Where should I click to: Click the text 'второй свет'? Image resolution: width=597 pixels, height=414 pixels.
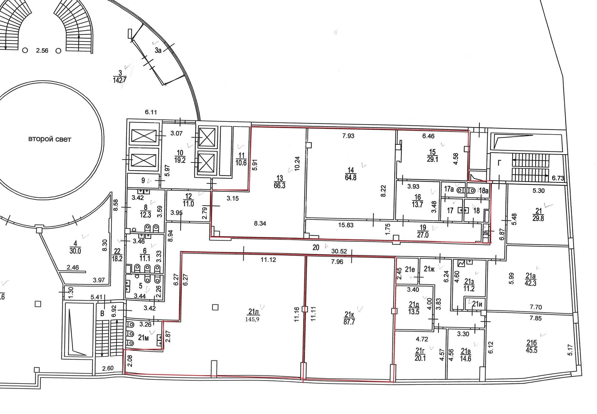click(50, 139)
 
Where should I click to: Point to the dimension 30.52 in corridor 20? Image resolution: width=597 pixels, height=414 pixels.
click(339, 251)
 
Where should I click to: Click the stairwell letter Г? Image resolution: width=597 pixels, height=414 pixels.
click(500, 163)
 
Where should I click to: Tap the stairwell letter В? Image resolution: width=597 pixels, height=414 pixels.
click(102, 314)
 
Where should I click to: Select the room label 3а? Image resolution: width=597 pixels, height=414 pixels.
click(158, 51)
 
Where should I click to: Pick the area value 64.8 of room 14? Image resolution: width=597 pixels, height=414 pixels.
click(350, 177)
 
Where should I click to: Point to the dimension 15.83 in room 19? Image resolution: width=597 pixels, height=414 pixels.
click(346, 225)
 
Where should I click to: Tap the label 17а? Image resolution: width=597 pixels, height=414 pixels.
click(449, 189)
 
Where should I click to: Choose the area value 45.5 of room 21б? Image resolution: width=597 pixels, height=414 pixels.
click(531, 350)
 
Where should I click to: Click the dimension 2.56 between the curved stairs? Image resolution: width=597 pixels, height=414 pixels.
click(42, 51)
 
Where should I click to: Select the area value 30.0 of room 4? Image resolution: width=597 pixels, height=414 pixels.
click(75, 251)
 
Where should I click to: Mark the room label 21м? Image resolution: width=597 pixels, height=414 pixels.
click(143, 338)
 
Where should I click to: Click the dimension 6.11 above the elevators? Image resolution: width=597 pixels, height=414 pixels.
click(151, 112)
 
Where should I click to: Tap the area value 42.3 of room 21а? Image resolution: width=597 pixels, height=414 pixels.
click(530, 283)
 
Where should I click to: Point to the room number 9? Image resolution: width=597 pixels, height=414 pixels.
click(143, 181)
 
